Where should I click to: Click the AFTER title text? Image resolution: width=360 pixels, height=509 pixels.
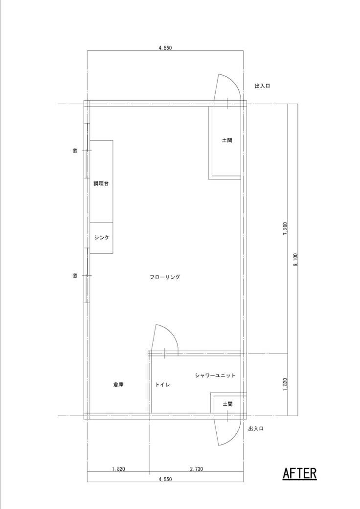299,473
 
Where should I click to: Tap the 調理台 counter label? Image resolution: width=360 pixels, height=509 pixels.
101,183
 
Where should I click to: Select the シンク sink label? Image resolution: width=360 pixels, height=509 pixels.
101,238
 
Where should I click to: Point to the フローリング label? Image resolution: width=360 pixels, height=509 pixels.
165,277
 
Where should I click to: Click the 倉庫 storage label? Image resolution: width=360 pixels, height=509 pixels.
118,385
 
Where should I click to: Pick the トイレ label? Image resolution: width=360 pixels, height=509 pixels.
162,385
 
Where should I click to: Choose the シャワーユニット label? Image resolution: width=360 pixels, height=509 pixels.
215,375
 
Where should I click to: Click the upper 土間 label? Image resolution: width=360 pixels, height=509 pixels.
227,140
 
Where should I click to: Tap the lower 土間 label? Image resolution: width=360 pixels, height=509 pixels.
227,404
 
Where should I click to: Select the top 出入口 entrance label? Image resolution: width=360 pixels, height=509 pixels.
262,86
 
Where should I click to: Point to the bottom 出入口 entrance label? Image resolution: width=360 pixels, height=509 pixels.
256,429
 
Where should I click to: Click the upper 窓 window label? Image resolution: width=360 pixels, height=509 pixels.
75,151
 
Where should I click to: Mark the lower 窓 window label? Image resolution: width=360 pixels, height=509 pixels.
75,276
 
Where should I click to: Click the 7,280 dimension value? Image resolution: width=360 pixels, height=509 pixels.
285,228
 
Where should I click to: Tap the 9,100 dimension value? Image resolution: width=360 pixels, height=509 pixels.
295,259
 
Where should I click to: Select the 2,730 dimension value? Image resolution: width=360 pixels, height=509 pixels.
197,469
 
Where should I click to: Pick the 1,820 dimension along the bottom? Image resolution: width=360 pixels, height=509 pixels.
118,469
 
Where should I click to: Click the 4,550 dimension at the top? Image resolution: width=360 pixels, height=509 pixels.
165,48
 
